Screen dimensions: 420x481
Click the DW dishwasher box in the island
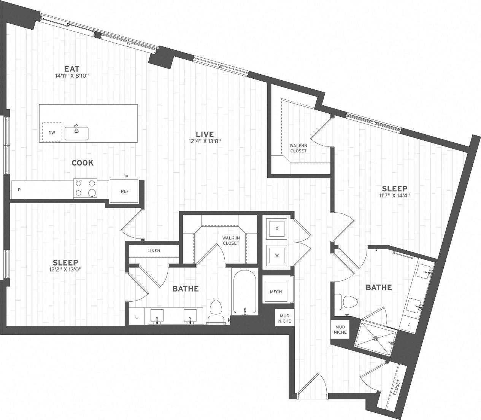tap(52, 132)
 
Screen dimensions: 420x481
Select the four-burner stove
tap(85, 188)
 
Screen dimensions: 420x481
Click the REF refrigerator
tap(124, 191)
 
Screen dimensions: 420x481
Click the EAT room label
tap(71, 69)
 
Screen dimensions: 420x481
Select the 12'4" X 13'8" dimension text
tap(205, 141)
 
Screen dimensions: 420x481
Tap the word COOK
tap(83, 163)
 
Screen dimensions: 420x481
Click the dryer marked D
tap(277, 229)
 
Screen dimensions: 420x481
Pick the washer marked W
tap(277, 255)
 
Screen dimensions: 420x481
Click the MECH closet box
tap(276, 291)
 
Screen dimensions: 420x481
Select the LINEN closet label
tap(154, 251)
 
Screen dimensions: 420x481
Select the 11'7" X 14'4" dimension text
tap(394, 196)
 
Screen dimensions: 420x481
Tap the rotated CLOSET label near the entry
tap(397, 387)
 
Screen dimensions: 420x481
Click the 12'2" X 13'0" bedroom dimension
tap(65, 269)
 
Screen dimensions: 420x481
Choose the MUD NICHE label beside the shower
tap(340, 329)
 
